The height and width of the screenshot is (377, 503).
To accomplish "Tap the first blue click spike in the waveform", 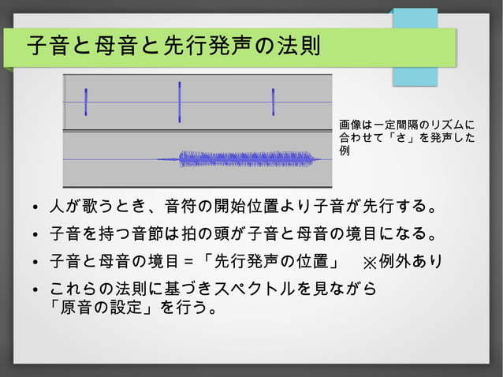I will coord(86,102).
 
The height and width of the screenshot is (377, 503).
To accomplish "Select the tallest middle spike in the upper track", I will coord(180,102).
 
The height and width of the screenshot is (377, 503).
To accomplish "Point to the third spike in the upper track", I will coord(273,102).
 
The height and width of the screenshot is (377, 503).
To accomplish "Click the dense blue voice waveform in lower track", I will coord(248,159).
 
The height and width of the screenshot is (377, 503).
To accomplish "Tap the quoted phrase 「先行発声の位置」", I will coord(270,260).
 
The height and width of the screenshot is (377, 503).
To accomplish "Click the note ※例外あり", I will coord(402,260).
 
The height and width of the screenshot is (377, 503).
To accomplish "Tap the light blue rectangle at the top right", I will coord(416,47).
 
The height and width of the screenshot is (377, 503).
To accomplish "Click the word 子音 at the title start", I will coord(47,47).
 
